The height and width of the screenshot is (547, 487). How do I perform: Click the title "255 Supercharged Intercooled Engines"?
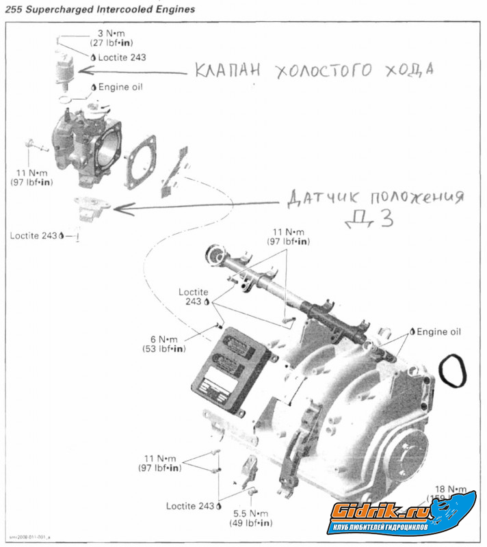(x=100, y=10)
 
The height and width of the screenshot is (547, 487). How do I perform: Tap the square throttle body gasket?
(x=140, y=160)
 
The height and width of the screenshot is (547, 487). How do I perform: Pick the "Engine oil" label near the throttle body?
(x=120, y=88)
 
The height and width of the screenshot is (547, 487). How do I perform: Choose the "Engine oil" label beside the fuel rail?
(x=440, y=332)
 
